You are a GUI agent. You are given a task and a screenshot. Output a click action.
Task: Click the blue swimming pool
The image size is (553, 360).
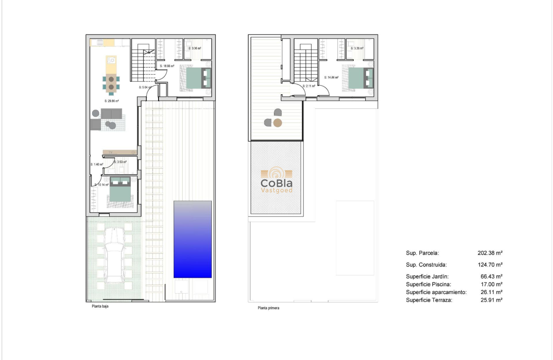[192, 239]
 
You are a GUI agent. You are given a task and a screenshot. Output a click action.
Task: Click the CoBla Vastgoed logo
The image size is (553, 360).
[276, 180]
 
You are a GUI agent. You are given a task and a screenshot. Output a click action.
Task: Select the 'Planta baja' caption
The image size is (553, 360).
[100, 306]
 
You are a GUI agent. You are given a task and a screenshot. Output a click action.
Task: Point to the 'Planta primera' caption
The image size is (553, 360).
[268, 308]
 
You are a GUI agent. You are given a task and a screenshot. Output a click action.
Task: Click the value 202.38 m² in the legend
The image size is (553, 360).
[490, 253]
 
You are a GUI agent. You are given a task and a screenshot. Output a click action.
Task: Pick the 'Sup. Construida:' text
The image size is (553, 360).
[426, 265]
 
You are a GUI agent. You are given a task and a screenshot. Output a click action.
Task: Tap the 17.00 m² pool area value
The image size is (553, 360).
[491, 284]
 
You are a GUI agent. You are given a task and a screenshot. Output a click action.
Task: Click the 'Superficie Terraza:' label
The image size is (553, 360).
[429, 300]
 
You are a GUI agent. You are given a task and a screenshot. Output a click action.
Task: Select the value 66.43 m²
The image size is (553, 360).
[491, 276]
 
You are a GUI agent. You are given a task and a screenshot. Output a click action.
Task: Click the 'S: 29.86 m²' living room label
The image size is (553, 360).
[111, 101]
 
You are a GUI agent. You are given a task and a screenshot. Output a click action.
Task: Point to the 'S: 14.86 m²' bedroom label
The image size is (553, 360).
[331, 78]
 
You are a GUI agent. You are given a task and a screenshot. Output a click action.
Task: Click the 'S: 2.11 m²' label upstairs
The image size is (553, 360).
[309, 86]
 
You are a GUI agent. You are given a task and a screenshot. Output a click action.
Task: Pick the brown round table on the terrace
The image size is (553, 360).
[278, 123]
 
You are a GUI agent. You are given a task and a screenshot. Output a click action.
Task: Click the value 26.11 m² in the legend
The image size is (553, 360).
[491, 292]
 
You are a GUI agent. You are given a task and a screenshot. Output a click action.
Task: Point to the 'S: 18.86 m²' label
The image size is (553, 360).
[167, 66]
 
